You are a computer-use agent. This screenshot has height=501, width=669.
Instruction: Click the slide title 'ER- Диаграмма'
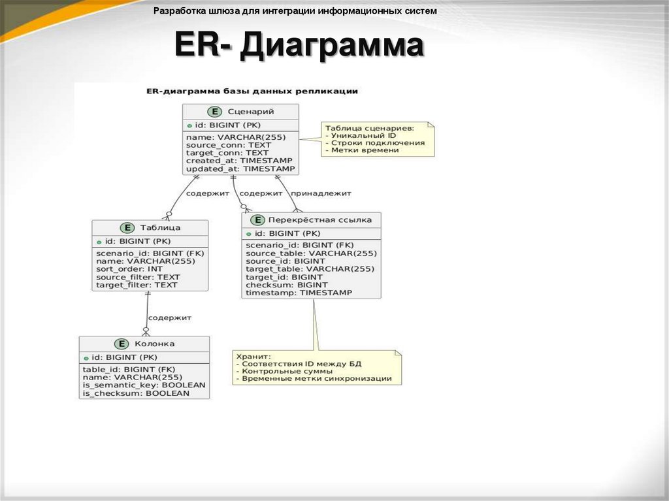click(x=299, y=48)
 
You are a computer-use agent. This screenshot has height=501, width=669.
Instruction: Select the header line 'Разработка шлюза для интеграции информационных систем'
click(x=295, y=12)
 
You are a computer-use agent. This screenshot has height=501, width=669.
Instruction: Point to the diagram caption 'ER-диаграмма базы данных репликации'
click(x=252, y=91)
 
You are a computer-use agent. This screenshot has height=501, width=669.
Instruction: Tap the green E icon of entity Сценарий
click(x=214, y=112)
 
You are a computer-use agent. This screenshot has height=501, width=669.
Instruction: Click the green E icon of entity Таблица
click(x=127, y=227)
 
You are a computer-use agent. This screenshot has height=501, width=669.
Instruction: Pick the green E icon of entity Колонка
click(x=121, y=344)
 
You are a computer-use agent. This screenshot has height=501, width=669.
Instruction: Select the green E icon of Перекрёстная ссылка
click(x=257, y=220)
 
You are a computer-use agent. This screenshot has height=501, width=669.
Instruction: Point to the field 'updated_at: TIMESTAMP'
click(x=240, y=169)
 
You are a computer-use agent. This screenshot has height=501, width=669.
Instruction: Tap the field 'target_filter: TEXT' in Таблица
click(x=136, y=285)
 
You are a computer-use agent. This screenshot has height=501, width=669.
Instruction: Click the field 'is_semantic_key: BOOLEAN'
click(x=143, y=385)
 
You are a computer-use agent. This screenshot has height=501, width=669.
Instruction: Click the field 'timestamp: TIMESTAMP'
click(x=299, y=293)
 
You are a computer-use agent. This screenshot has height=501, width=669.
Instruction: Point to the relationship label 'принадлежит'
click(x=321, y=193)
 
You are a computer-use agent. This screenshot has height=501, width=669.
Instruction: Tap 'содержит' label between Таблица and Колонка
click(x=169, y=317)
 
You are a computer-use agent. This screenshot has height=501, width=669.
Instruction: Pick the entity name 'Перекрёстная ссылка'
click(x=320, y=220)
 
